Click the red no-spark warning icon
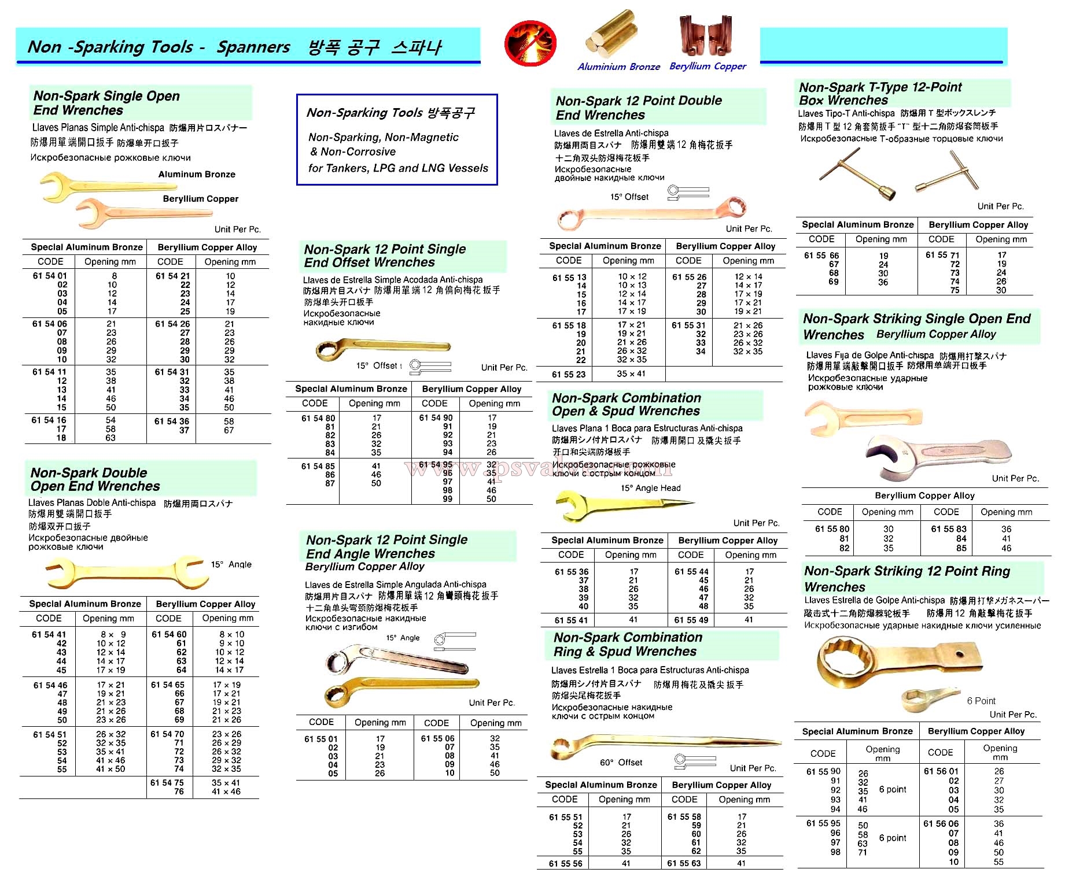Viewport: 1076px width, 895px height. point(530,43)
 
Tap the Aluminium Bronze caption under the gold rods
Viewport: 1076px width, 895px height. point(618,66)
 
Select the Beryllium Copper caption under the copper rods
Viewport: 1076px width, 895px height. point(707,66)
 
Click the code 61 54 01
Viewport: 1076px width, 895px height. point(50,276)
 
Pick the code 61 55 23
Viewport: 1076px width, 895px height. point(569,374)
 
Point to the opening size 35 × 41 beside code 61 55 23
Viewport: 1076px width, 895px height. point(632,373)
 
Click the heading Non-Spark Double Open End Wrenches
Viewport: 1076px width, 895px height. point(95,479)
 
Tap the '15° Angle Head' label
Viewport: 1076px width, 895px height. point(650,488)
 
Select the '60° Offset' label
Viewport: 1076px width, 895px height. point(621,763)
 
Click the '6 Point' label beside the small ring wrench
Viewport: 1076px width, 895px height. point(981,701)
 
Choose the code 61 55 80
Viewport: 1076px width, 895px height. point(832,529)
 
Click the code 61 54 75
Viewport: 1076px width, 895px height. point(167,783)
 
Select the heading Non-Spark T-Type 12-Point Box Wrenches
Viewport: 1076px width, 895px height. point(880,93)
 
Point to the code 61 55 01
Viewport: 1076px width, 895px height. point(320,739)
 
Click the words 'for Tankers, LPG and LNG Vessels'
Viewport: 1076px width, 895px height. point(398,168)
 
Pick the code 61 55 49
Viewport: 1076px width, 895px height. point(691,620)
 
